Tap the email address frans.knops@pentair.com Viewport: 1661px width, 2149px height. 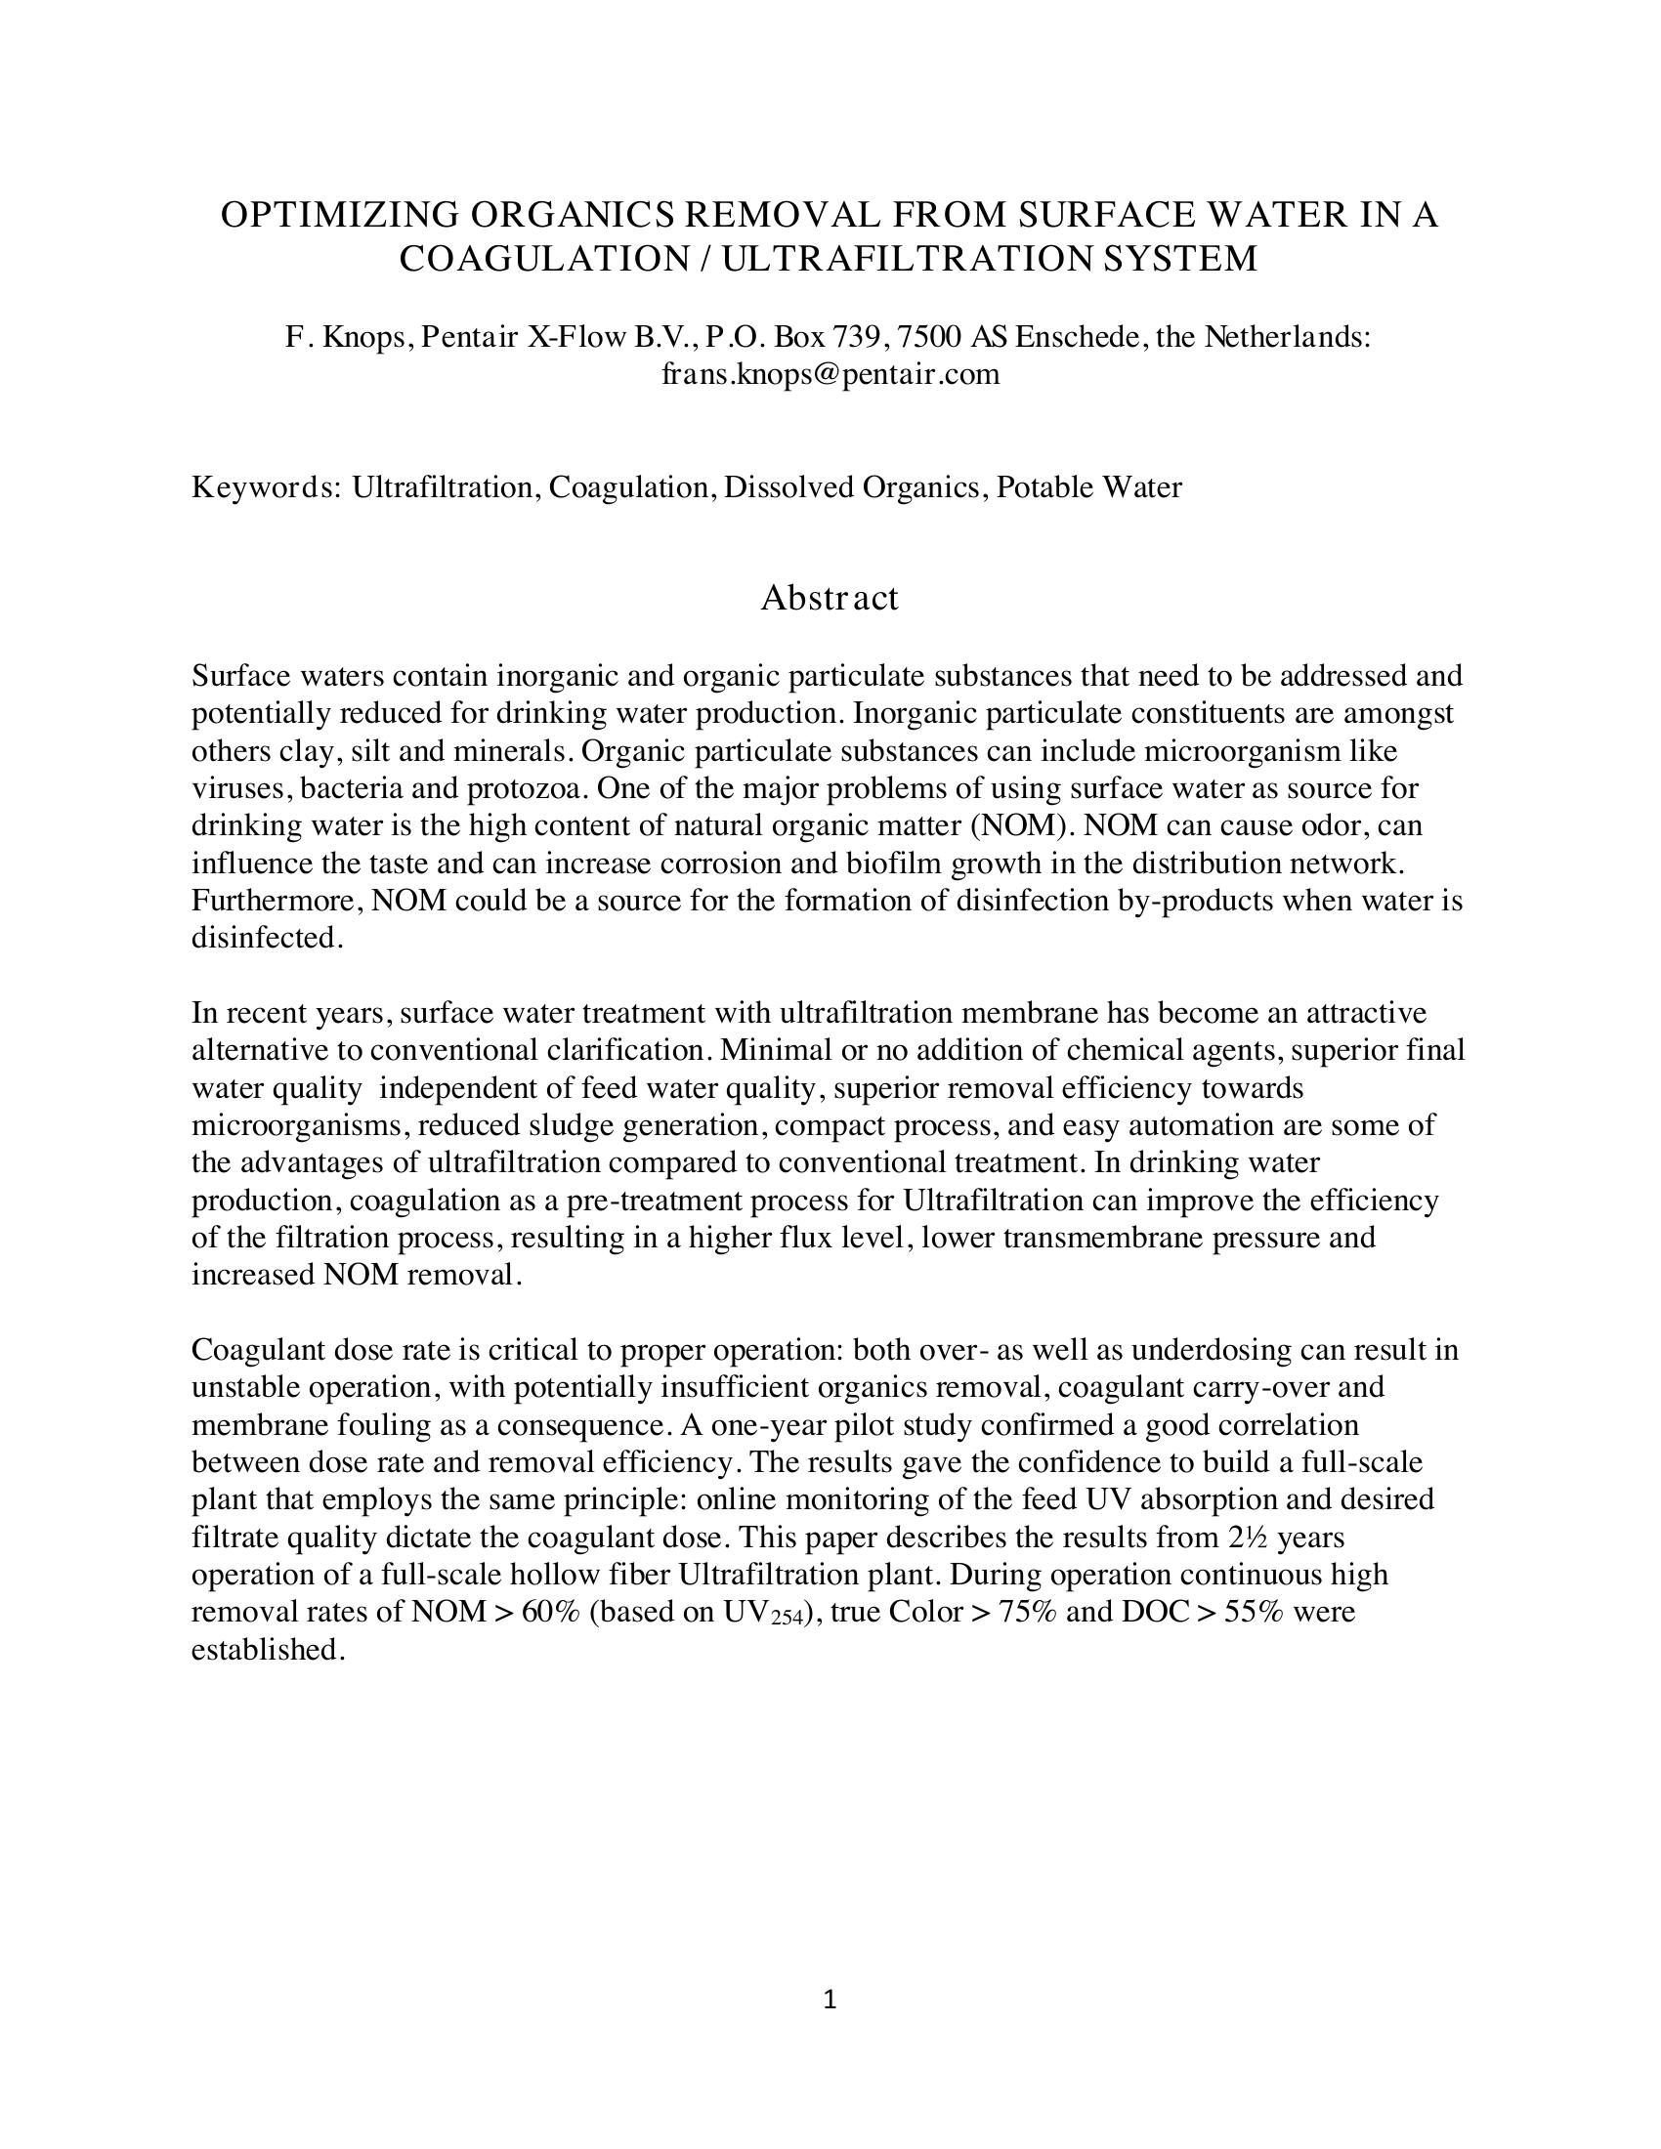coord(830,374)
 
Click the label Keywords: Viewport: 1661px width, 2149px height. coord(266,487)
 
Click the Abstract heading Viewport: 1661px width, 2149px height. coord(830,597)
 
